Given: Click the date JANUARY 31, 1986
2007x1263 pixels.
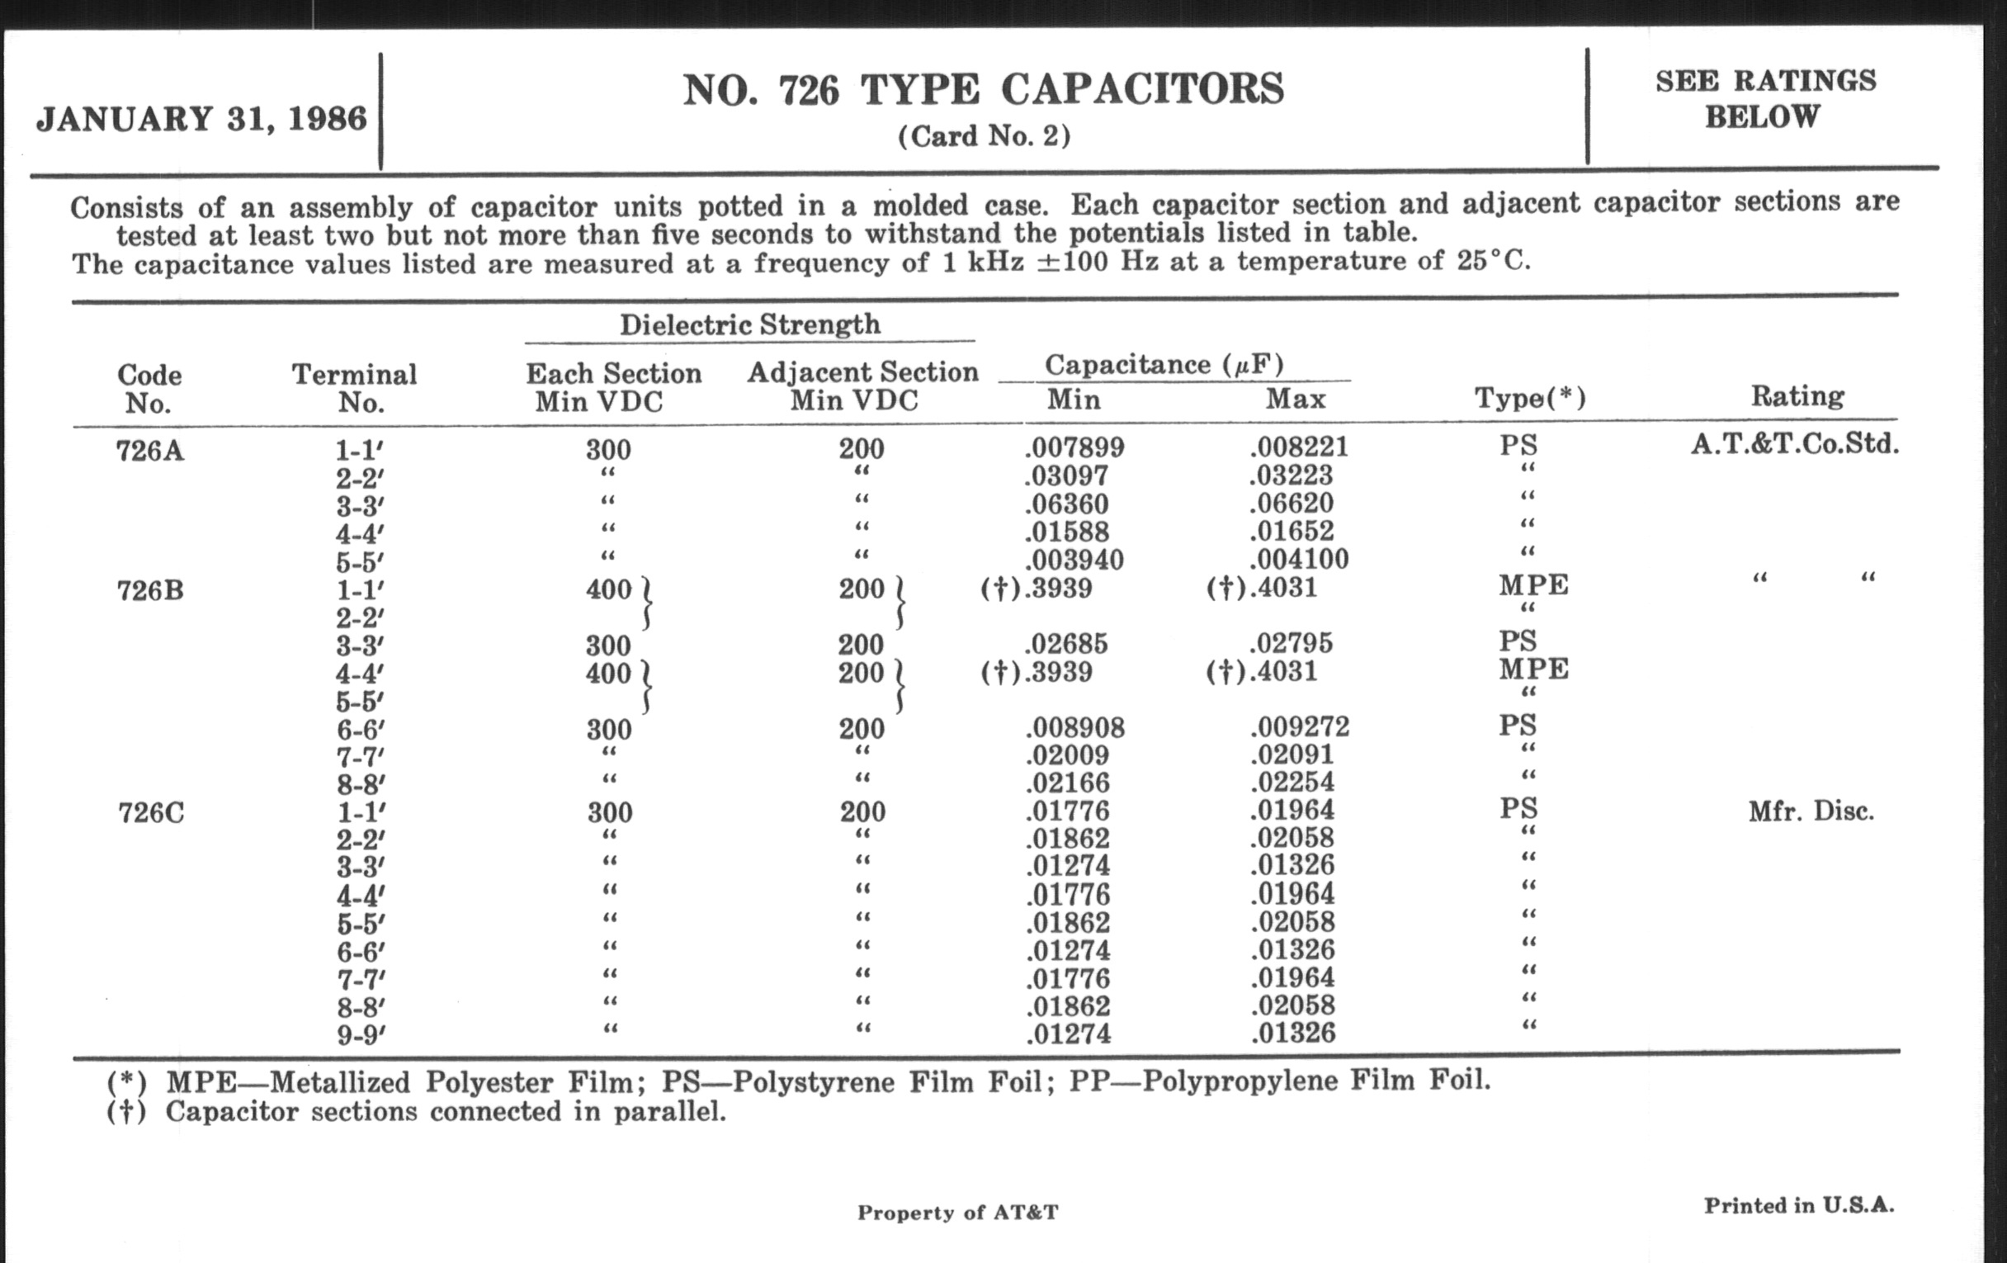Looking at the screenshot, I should (201, 118).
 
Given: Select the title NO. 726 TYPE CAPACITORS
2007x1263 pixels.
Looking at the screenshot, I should (984, 90).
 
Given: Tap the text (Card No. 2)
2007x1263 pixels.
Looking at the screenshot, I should (984, 136).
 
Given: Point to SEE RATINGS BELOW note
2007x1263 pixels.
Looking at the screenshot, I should (1764, 98).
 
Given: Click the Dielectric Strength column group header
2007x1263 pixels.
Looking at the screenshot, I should (749, 324).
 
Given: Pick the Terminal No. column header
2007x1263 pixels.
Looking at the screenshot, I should (354, 388).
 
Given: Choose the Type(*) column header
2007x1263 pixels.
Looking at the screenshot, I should (1530, 398).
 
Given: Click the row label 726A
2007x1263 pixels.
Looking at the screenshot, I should (150, 451).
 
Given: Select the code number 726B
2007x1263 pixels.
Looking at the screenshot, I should (150, 590).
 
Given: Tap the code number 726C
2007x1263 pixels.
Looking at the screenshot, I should (151, 812).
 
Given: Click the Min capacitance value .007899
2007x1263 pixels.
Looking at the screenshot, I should (1074, 447).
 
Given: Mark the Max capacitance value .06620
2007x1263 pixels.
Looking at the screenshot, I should (1292, 504).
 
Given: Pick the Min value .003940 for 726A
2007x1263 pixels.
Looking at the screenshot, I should (1074, 560).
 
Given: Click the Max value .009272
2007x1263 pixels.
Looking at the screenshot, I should (1300, 727).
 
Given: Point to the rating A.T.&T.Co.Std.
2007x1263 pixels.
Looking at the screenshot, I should (1794, 443).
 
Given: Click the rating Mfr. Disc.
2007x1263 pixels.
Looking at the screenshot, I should (1811, 811).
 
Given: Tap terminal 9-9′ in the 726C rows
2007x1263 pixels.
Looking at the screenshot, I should (361, 1034).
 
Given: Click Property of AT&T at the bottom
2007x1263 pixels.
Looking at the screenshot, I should (957, 1212).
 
